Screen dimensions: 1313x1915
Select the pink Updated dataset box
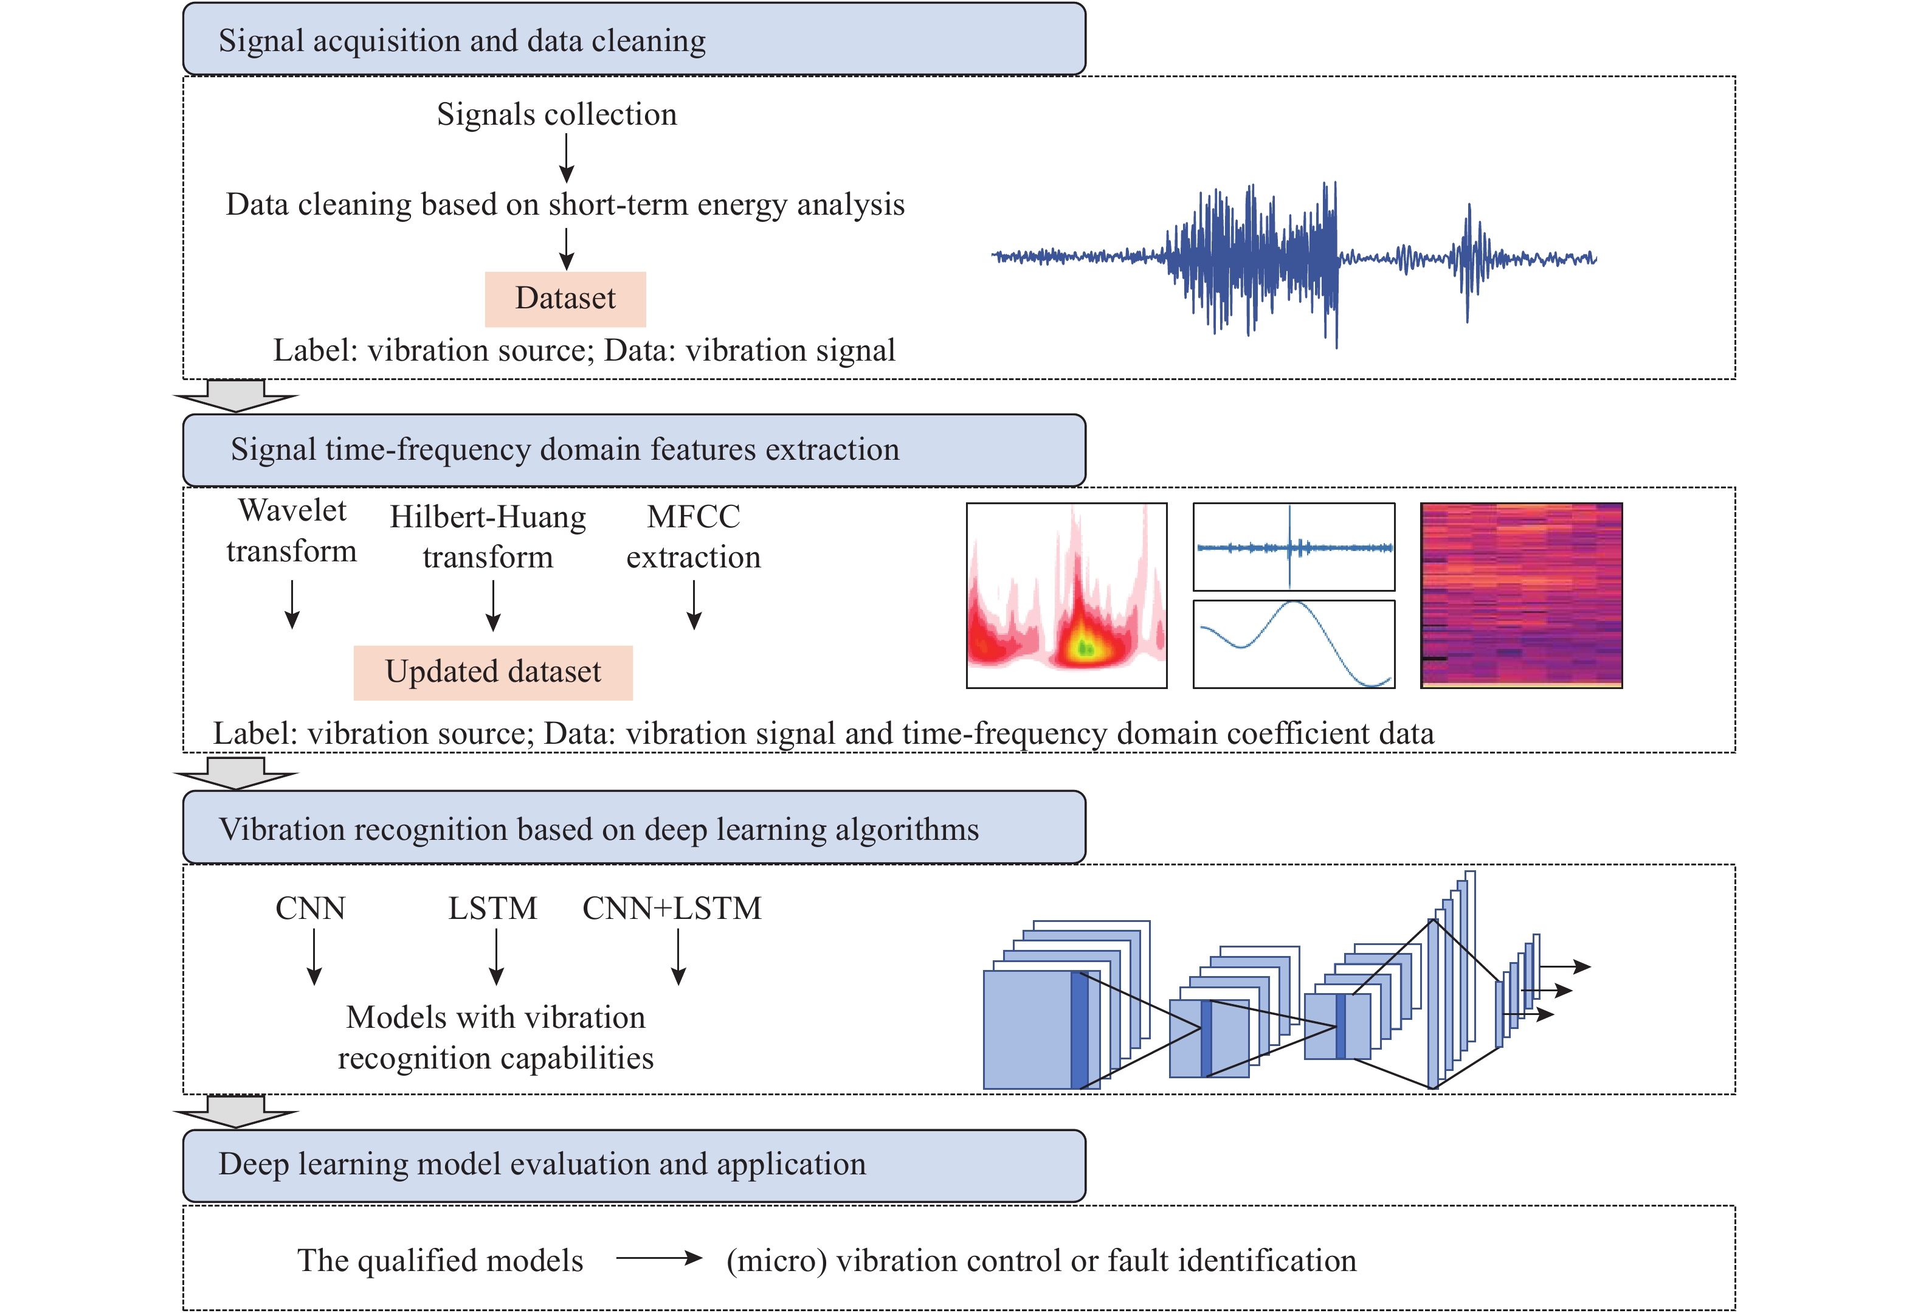[493, 672]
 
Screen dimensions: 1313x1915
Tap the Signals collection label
[556, 114]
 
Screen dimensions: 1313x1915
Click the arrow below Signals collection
[566, 158]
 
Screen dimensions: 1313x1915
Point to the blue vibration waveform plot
[1294, 260]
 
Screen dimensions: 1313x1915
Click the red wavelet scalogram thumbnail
[1066, 595]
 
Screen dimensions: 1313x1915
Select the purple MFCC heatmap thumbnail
[1521, 595]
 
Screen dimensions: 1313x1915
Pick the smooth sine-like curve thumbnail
[1294, 643]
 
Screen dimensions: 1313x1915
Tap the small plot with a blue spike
[1294, 547]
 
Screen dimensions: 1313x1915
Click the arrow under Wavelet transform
[292, 604]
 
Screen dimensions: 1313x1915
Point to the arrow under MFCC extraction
[694, 604]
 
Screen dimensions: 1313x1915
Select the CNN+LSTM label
[672, 909]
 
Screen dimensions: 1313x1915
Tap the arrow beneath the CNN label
[314, 956]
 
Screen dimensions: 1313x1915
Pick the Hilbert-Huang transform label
[488, 536]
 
